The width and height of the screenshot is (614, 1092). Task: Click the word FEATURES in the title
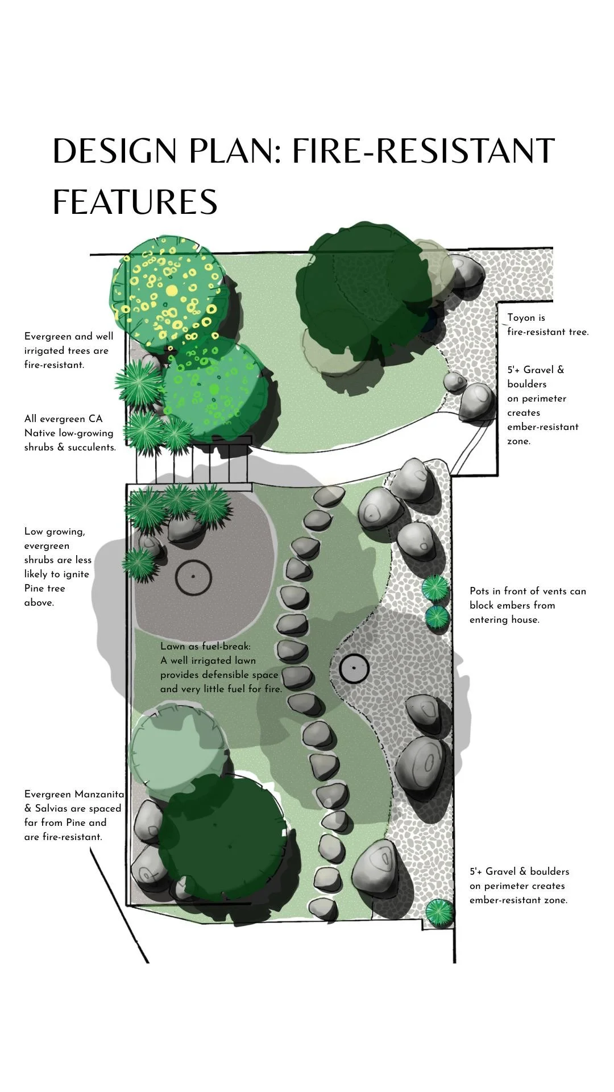[x=135, y=202]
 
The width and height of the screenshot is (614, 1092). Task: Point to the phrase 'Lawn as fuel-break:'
[x=205, y=646]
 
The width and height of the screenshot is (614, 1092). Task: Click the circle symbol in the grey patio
[x=193, y=576]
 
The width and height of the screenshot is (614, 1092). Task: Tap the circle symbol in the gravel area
[x=354, y=668]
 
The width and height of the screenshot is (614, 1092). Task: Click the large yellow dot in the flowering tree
[x=172, y=291]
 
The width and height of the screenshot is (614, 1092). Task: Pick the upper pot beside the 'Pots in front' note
[x=435, y=588]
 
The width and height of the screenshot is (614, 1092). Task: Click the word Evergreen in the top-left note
[x=47, y=336]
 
